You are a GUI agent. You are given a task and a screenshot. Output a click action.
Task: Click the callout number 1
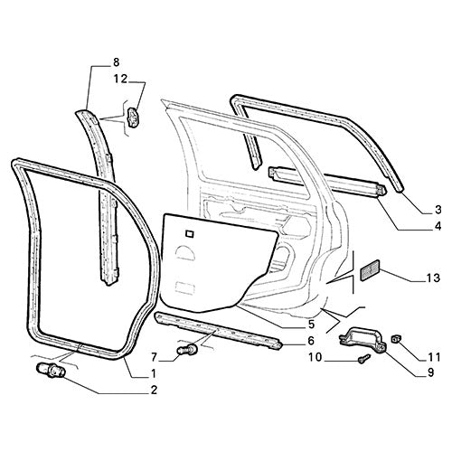click(155, 374)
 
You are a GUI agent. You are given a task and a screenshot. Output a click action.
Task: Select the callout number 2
click(155, 391)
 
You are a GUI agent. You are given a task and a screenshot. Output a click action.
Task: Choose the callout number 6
click(312, 341)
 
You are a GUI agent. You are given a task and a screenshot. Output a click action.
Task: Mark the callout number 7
click(155, 355)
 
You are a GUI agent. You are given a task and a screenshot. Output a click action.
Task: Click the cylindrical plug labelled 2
click(52, 370)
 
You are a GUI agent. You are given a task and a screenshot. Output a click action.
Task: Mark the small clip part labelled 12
click(134, 118)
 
